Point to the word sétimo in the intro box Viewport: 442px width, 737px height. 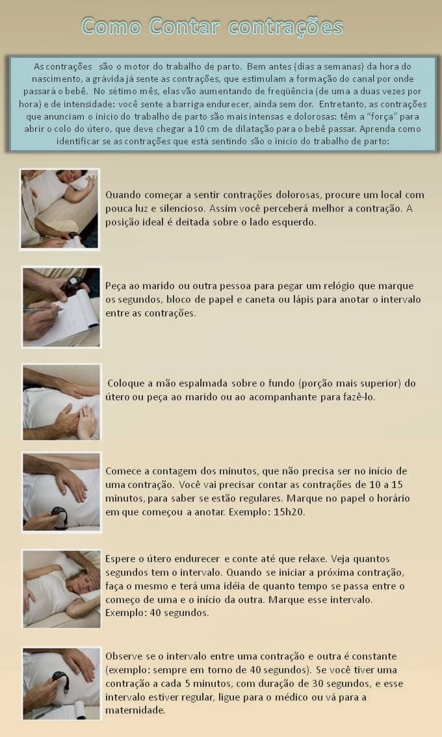click(125, 91)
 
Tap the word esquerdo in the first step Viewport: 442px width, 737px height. click(293, 222)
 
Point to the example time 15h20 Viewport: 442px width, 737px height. click(289, 512)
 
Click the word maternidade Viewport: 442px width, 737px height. click(135, 711)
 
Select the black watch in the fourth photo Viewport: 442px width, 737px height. click(58, 515)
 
